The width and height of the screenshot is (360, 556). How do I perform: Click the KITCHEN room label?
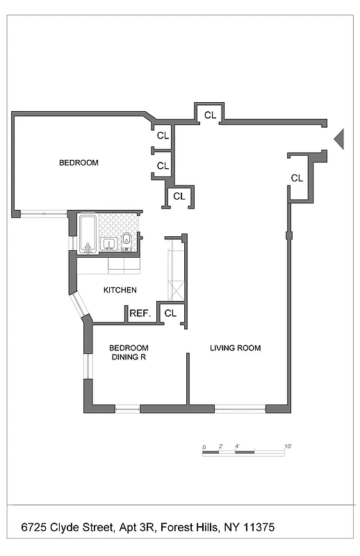120,291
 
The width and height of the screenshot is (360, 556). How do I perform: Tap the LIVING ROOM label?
236,348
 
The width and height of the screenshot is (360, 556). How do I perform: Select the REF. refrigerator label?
140,314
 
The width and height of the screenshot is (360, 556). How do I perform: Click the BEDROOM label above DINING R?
129,347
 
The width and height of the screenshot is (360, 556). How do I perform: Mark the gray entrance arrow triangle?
339,138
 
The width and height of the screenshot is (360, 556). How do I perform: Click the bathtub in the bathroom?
87,234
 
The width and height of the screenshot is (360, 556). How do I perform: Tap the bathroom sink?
108,243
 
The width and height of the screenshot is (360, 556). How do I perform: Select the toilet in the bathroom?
126,240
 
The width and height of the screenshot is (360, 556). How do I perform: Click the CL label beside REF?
170,313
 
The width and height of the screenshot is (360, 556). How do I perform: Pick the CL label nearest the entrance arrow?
297,179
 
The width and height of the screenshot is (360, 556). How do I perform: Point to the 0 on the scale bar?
204,446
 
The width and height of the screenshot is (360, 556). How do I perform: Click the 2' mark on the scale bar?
220,446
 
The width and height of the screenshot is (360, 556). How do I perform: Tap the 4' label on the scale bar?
237,446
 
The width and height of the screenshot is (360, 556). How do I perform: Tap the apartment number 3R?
149,528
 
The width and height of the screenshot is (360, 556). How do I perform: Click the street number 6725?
35,528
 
